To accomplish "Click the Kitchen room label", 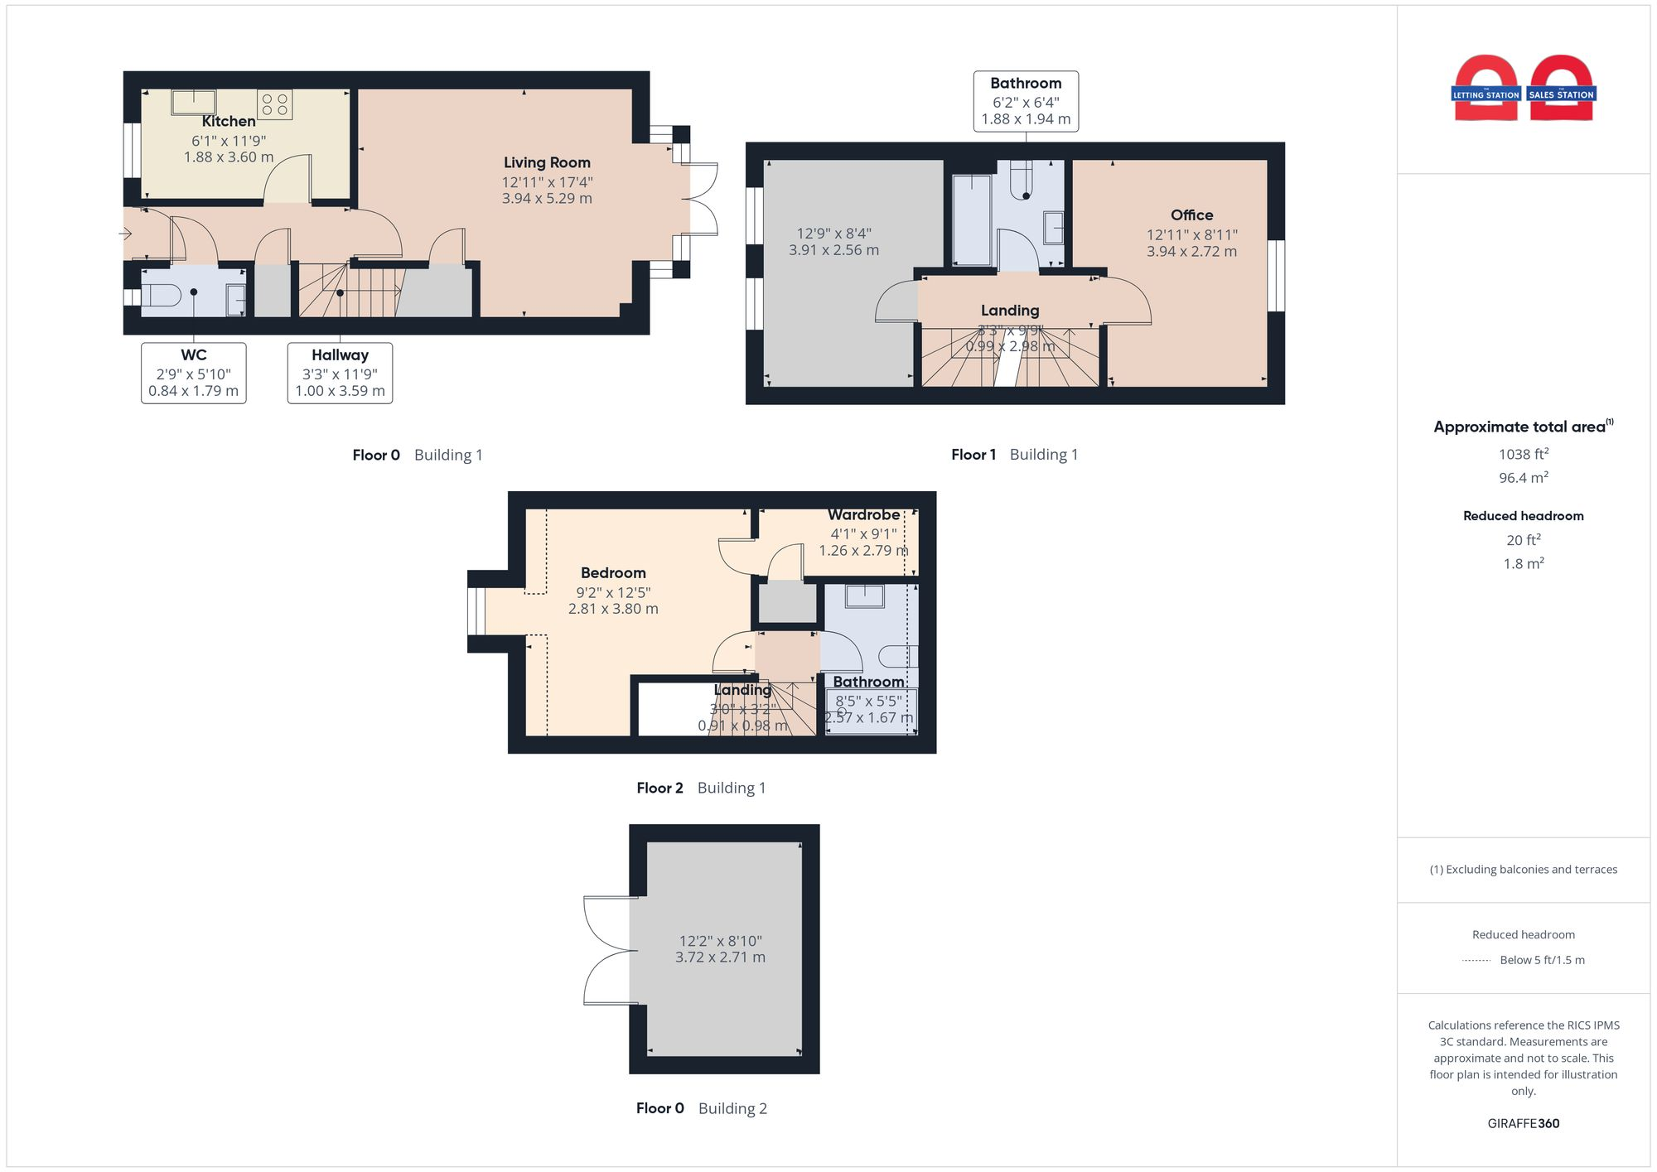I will [229, 122].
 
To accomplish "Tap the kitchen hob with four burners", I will [274, 104].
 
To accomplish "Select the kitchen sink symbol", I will [194, 102].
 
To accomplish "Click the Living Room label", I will [547, 163].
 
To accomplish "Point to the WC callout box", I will [193, 373].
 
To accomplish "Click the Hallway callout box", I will [340, 373].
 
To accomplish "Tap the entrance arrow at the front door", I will [126, 234].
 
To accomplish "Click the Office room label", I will [1191, 215].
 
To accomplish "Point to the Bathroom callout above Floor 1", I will [1026, 101].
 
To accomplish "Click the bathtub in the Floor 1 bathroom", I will [971, 219].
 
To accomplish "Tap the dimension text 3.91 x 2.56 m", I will [833, 250].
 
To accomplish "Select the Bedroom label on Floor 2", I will [613, 573].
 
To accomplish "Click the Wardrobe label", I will [863, 515].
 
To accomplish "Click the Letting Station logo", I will [1486, 89].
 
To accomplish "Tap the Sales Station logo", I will [1562, 89].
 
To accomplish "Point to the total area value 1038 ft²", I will [1523, 454].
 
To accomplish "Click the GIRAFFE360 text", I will [1523, 1124].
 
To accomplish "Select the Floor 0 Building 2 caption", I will [701, 1108].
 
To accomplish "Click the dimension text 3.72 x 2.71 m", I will [720, 957].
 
